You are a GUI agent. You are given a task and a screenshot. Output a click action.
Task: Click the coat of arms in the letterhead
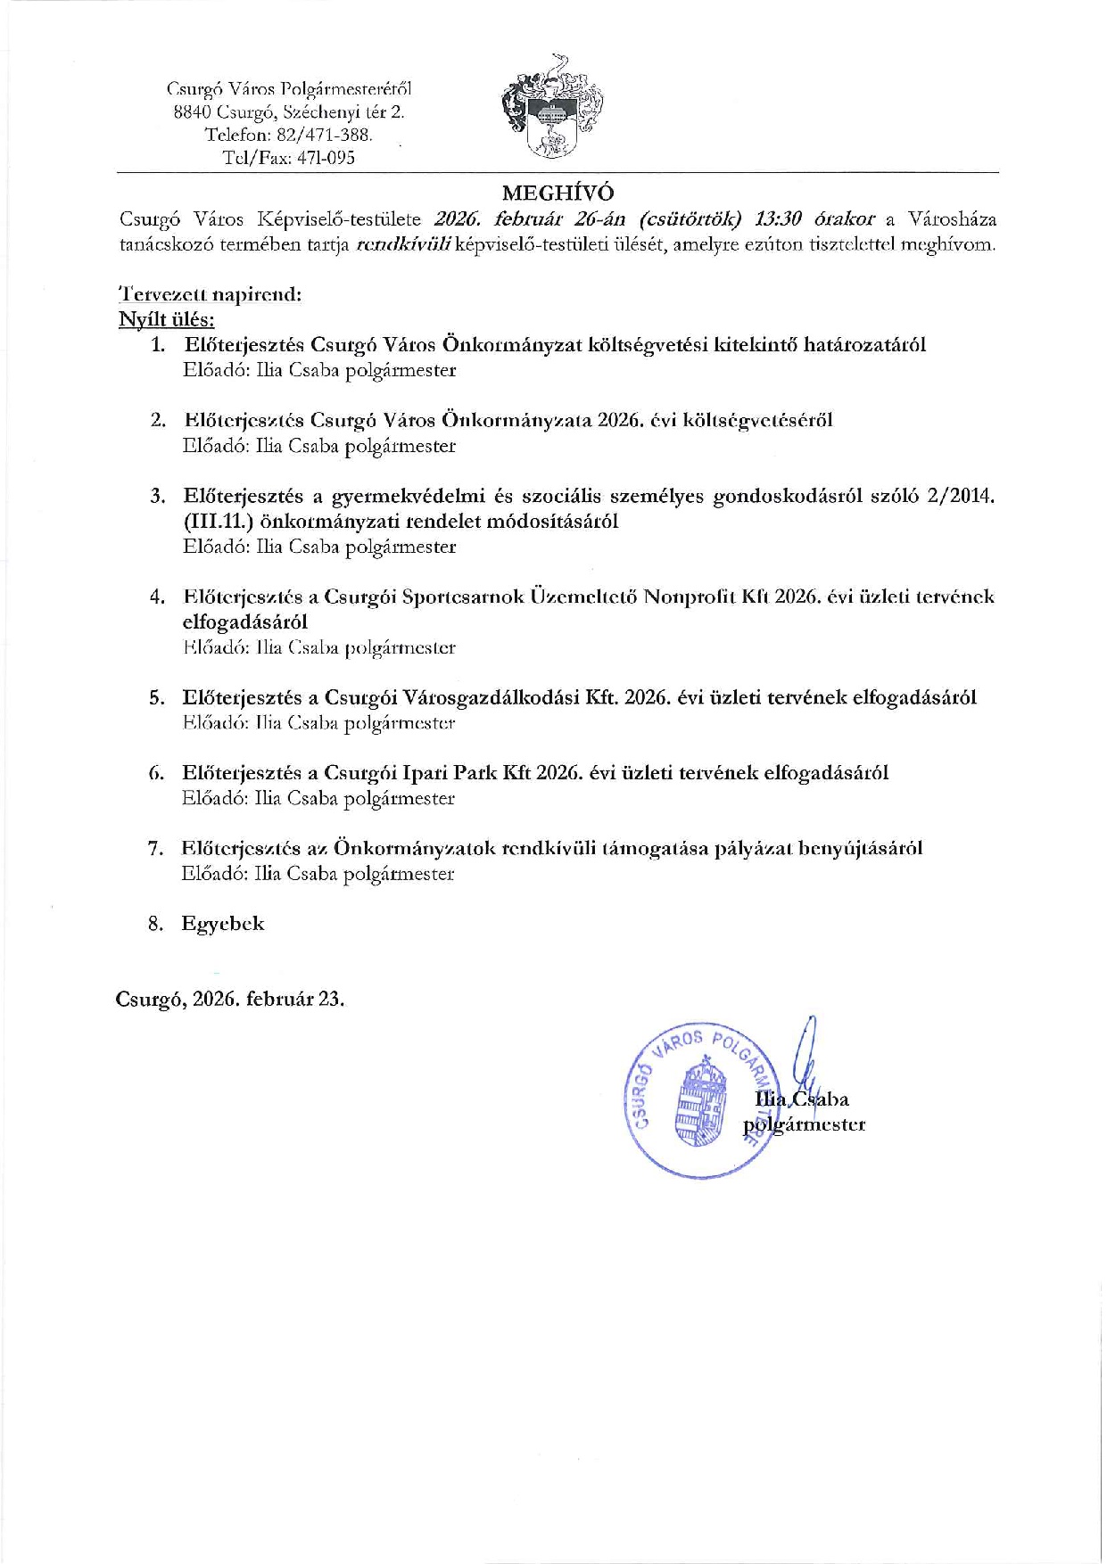[551, 108]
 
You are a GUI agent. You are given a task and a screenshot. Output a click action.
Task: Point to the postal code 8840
[192, 111]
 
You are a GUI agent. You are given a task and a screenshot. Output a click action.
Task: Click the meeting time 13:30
[778, 219]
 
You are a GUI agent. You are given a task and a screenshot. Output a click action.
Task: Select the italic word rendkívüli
[403, 244]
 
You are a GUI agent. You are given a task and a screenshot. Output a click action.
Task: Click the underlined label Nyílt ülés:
[167, 319]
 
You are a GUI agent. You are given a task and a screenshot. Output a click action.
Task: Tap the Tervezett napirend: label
[211, 294]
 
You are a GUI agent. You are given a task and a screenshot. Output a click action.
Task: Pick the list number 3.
[158, 496]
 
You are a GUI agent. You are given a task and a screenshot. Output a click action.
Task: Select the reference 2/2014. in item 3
[960, 496]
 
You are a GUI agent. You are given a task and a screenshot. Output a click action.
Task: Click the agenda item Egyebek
[223, 924]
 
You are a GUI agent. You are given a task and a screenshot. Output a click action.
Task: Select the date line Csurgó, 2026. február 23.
[230, 999]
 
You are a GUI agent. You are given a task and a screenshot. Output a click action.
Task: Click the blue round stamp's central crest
[698, 1101]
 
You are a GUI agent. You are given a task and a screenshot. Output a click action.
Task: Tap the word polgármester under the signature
[805, 1124]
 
